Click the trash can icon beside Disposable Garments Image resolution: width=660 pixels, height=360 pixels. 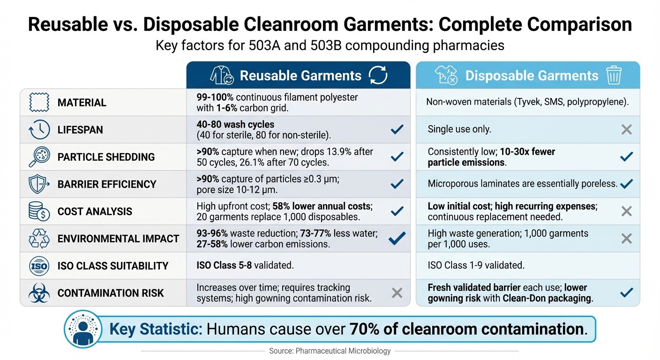[x=614, y=75]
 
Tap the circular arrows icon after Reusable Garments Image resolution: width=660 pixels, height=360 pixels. [x=378, y=75]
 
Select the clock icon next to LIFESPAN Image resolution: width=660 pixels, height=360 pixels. [x=39, y=129]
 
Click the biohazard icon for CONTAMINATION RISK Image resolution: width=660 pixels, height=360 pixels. [x=39, y=292]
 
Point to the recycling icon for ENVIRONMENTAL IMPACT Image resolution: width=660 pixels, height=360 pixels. [x=39, y=238]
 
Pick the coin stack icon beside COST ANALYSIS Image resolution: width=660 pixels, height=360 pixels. [x=39, y=211]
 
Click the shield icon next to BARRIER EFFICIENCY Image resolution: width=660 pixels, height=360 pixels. [x=39, y=184]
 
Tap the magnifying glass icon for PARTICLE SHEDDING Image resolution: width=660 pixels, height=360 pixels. [x=39, y=157]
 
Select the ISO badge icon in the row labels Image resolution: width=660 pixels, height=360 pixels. [x=39, y=266]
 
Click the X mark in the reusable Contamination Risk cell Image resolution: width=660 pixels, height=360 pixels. [x=397, y=293]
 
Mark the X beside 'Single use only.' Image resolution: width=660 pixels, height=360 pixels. [x=626, y=129]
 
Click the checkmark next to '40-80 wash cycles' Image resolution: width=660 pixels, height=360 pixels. [x=397, y=129]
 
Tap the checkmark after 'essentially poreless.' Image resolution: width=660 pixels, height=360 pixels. [x=626, y=184]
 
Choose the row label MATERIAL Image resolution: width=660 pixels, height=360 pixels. [x=82, y=102]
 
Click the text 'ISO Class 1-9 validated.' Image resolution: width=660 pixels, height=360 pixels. [x=476, y=265]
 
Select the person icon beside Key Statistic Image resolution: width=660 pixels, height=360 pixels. [x=82, y=329]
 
